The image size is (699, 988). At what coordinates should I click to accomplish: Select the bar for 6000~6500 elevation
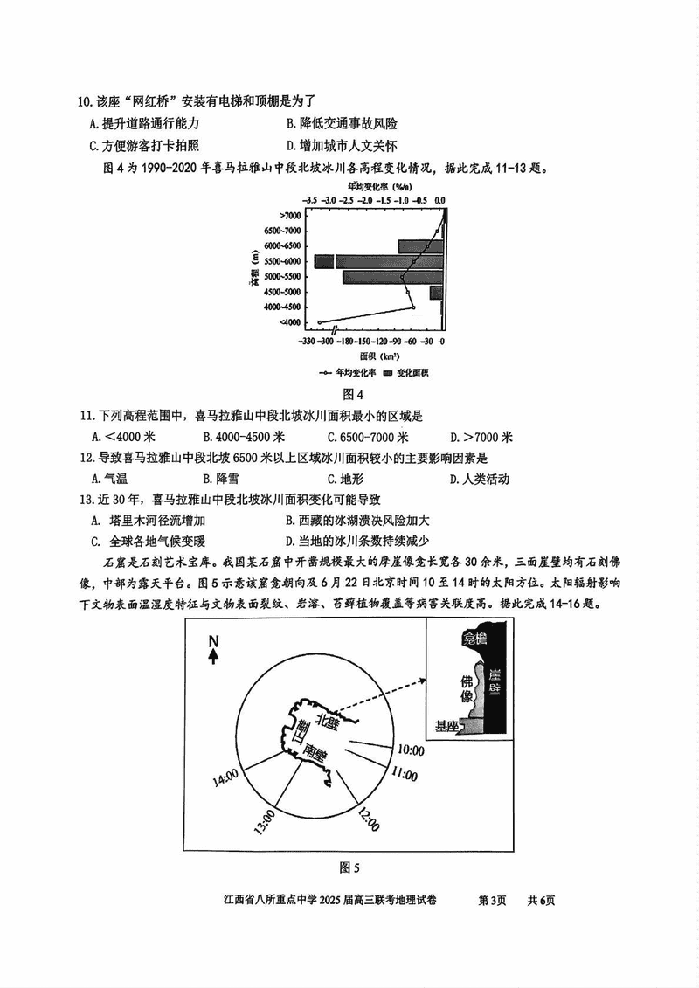(421, 246)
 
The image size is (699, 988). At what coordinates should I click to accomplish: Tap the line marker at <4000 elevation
(320, 322)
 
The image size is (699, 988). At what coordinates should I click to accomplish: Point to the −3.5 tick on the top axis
(311, 200)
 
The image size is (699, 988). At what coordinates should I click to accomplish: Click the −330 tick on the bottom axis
(307, 342)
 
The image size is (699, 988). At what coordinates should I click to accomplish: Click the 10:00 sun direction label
(411, 750)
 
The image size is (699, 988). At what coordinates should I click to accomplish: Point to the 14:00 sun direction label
(224, 774)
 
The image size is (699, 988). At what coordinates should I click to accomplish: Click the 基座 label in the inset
(446, 725)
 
